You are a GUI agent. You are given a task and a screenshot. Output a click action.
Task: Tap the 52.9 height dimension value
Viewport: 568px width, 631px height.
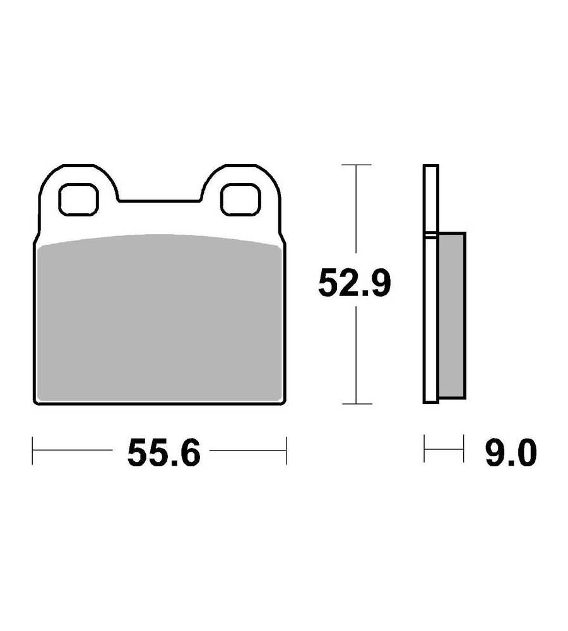coord(354,283)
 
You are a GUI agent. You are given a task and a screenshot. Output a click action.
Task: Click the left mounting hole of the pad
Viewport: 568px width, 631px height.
coord(78,199)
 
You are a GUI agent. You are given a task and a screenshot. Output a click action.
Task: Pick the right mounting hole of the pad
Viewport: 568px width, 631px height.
coord(240,199)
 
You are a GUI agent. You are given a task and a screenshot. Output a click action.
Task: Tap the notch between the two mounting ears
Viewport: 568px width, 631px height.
coord(160,200)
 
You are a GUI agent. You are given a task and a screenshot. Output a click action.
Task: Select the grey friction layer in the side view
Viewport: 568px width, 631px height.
coord(451,315)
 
